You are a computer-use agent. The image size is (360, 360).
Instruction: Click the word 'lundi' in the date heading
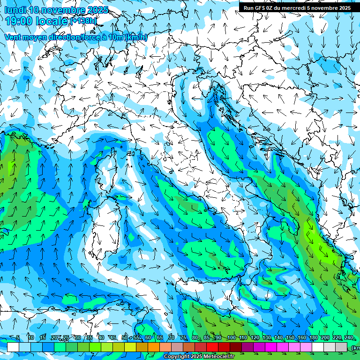click(x=15, y=10)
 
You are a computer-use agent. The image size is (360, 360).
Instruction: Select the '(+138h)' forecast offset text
click(x=85, y=21)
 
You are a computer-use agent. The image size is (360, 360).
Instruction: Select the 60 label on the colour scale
click(x=148, y=337)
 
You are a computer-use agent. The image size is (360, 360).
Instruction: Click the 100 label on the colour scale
click(x=231, y=337)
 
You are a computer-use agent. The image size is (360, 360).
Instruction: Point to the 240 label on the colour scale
click(x=349, y=337)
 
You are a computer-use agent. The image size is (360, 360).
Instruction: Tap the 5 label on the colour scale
click(x=18, y=337)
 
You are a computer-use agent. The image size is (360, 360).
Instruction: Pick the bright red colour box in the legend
click(x=212, y=347)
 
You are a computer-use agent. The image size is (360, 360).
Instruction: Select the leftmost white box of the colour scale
click(x=13, y=347)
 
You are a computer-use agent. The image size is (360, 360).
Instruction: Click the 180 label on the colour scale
click(x=314, y=337)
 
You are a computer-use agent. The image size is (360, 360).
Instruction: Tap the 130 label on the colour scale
click(x=267, y=337)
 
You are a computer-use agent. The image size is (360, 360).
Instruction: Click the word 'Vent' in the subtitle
click(x=13, y=37)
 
